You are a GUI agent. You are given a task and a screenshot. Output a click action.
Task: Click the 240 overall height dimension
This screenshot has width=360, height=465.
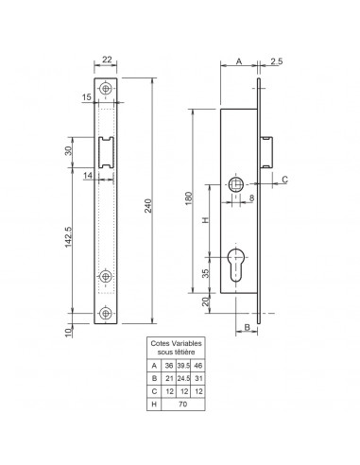148,206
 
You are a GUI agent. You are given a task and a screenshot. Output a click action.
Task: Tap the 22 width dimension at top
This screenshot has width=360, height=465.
107,60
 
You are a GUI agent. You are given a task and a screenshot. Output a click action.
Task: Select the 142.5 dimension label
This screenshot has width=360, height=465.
68,237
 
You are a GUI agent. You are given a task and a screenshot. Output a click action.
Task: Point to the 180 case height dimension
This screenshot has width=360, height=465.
188,198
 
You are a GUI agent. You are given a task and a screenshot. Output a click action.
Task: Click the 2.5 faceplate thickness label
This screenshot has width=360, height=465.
276,61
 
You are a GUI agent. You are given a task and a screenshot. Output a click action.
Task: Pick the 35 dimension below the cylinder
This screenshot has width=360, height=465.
205,273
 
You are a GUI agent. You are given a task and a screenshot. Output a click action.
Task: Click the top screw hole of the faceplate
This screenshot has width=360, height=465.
106,89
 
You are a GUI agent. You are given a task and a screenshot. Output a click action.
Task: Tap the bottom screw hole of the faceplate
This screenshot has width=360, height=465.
106,313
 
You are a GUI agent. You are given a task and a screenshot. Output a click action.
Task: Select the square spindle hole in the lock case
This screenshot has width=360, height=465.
235,184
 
